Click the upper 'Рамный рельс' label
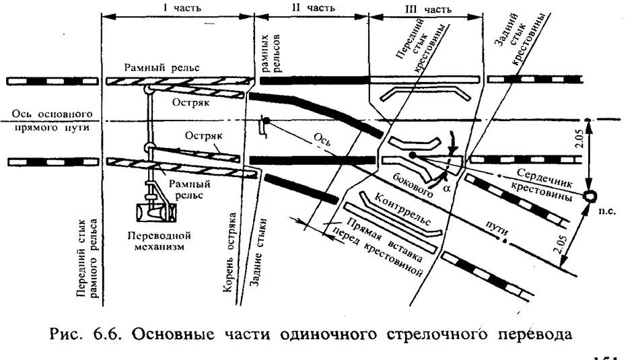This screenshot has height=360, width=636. tap(162, 67)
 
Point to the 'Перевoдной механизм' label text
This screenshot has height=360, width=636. tap(159, 241)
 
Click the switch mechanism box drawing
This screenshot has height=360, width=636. tap(156, 212)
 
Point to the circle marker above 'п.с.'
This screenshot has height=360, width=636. tap(590, 196)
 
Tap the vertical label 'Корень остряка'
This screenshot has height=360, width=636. tap(229, 254)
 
